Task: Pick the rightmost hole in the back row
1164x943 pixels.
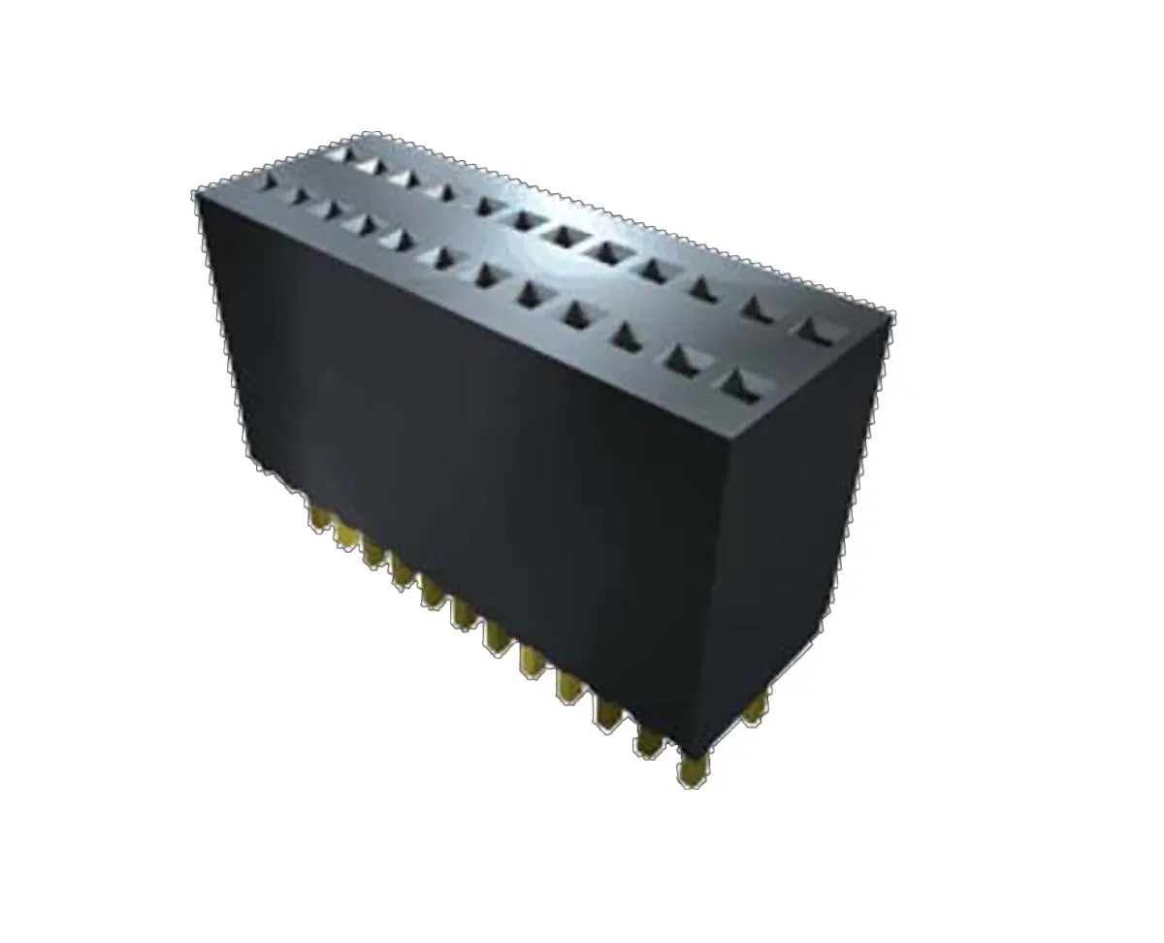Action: click(815, 329)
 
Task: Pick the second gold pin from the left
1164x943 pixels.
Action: click(344, 534)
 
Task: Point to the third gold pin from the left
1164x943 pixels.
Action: click(373, 551)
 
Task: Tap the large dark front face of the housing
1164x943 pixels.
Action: click(466, 437)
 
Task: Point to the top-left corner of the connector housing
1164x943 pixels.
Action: click(197, 191)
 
